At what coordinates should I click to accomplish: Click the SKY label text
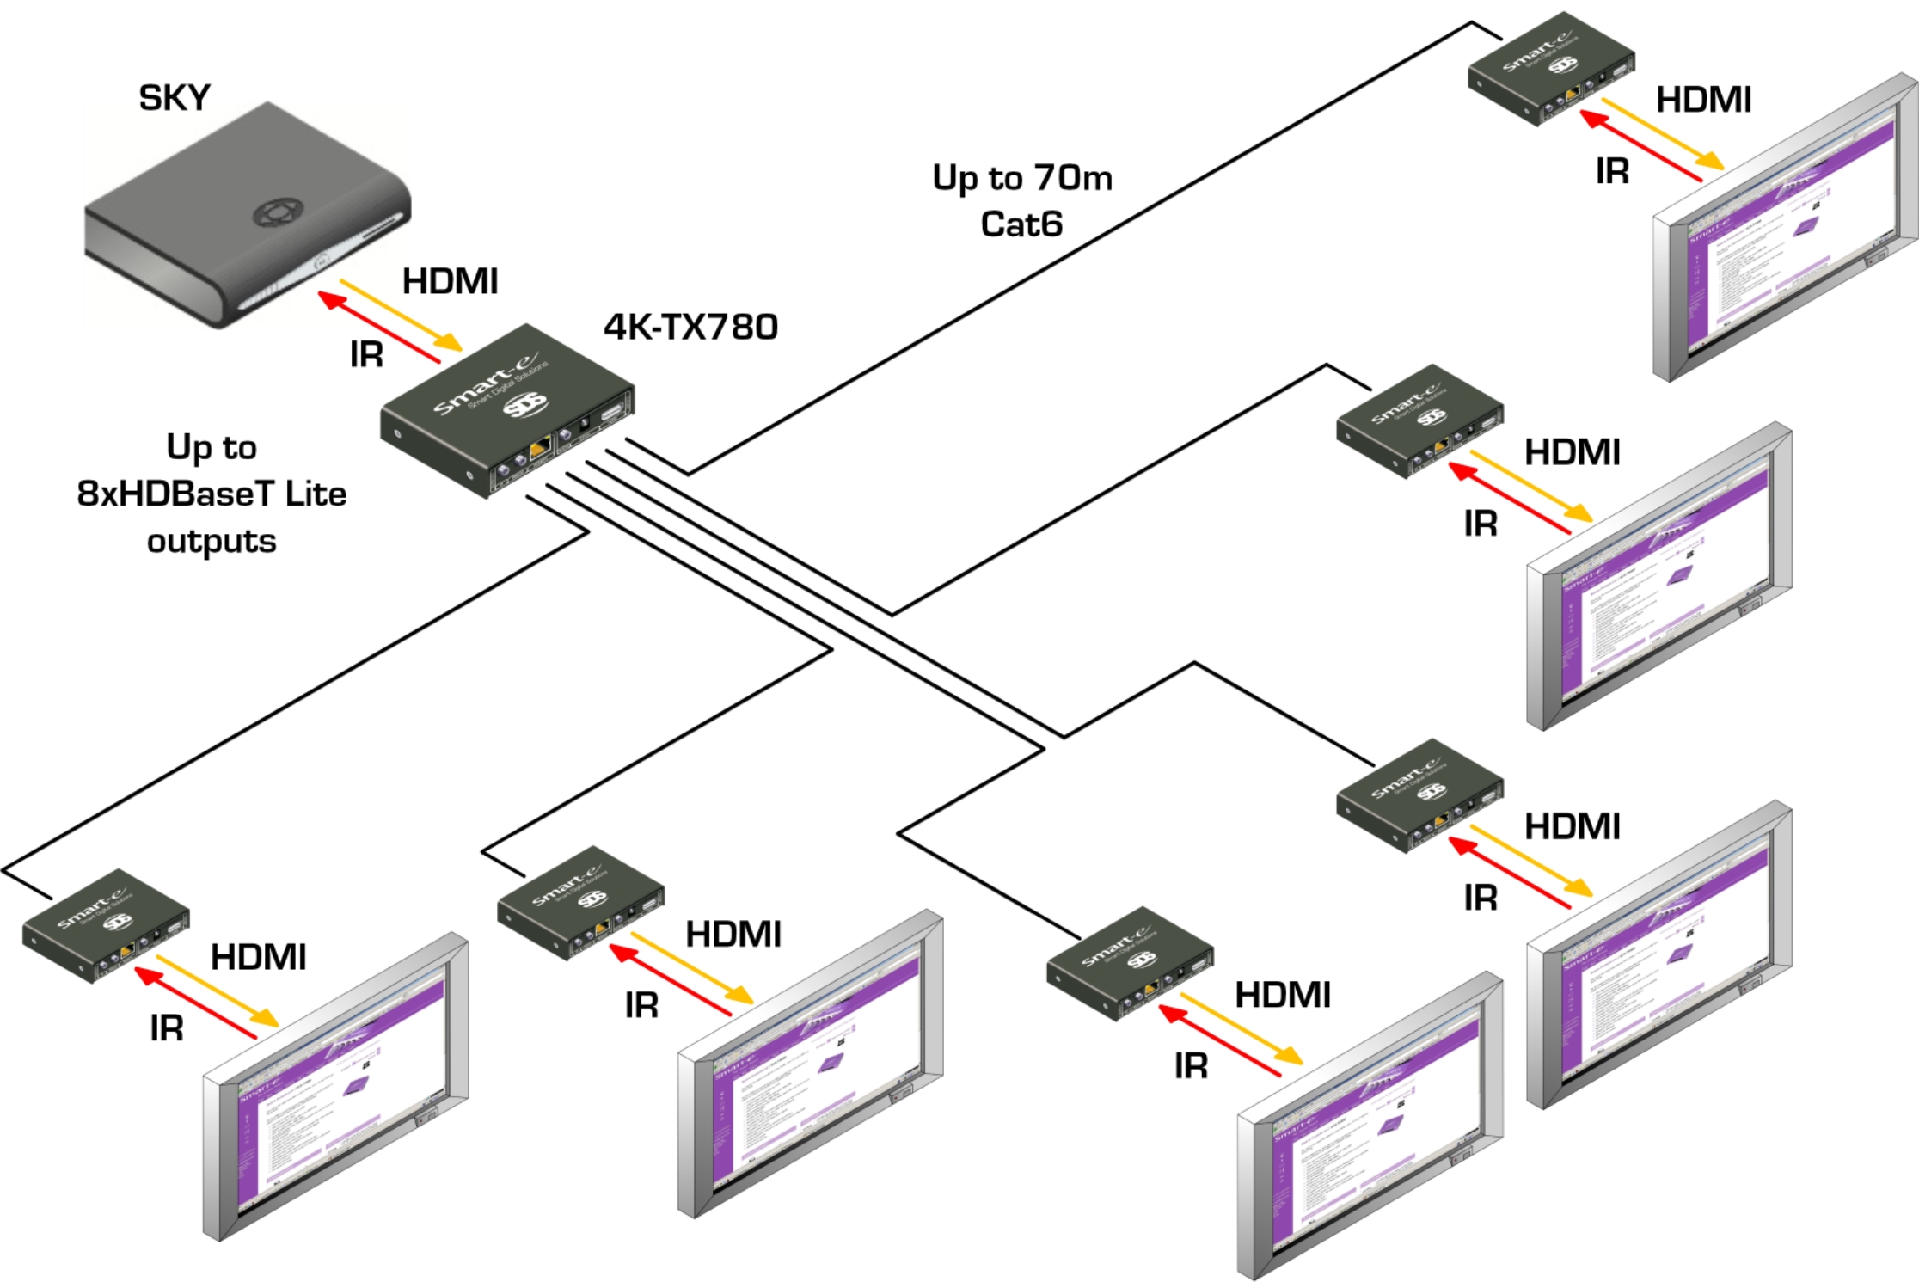[175, 98]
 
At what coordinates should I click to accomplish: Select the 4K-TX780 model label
[690, 327]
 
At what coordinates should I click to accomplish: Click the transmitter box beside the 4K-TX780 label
[507, 410]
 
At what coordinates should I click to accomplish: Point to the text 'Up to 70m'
[1022, 178]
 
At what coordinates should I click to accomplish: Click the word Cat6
[1021, 224]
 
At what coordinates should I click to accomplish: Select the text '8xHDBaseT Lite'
[212, 494]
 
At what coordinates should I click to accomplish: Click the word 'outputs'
[212, 541]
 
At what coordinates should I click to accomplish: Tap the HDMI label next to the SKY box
[450, 281]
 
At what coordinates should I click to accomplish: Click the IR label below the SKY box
[366, 354]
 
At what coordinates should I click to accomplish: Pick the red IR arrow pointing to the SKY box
[378, 327]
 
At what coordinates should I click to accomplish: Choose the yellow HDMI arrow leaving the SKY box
[401, 315]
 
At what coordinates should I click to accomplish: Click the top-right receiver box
[1551, 69]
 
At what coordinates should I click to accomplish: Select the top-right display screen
[1785, 228]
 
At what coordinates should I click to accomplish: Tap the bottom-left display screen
[335, 1088]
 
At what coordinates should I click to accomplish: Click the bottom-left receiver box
[106, 924]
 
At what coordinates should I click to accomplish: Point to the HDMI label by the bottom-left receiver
[258, 957]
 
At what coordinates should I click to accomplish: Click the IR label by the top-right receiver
[1612, 171]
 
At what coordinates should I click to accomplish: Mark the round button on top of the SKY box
[277, 212]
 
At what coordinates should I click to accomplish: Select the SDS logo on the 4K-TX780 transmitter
[524, 404]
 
